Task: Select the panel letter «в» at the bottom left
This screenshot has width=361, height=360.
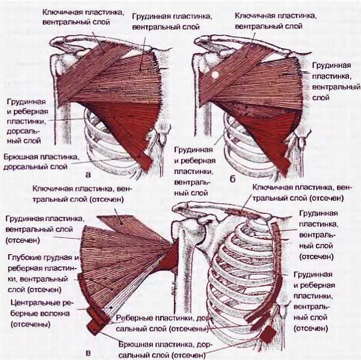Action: [89, 352]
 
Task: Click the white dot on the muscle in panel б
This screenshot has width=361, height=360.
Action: [214, 76]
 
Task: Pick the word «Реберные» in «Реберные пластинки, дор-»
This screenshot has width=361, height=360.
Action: [131, 319]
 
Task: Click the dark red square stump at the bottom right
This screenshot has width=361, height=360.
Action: [267, 334]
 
